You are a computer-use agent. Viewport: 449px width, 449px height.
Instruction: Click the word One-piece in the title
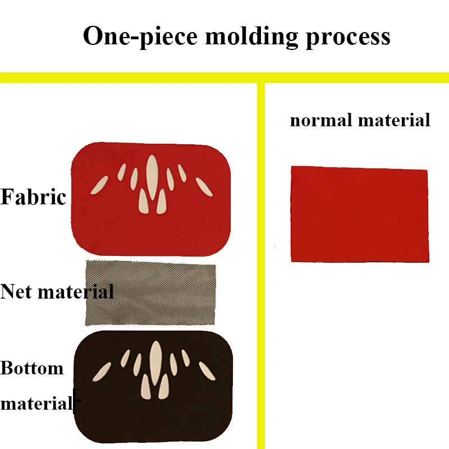click(x=140, y=36)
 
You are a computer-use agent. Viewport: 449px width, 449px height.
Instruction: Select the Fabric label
click(x=33, y=197)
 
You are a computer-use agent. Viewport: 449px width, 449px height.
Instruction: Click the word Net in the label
click(x=16, y=291)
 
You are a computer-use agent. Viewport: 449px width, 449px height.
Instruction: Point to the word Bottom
click(x=32, y=368)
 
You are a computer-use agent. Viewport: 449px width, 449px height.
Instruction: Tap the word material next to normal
click(x=395, y=120)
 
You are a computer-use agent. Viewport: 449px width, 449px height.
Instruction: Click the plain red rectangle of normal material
click(x=360, y=214)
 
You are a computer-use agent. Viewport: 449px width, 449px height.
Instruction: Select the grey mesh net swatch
click(x=150, y=292)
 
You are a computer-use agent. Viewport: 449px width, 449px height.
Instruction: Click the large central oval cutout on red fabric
click(x=152, y=177)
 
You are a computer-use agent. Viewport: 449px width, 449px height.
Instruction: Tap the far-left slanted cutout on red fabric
click(x=99, y=185)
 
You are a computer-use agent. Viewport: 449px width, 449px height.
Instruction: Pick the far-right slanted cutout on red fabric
click(x=204, y=187)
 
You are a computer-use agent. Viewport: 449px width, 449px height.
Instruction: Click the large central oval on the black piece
click(x=156, y=363)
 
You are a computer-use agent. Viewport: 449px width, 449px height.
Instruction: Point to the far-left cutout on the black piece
click(x=102, y=372)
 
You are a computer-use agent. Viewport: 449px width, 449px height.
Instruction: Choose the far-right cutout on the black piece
click(x=207, y=371)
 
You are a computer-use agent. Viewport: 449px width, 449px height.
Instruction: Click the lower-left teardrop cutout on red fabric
click(x=143, y=201)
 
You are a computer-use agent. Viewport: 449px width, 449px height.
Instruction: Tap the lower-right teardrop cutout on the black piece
click(x=164, y=387)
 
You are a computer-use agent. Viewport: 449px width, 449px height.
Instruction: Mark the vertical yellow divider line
click(x=261, y=265)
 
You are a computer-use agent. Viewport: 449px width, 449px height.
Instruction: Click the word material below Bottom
click(x=36, y=403)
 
